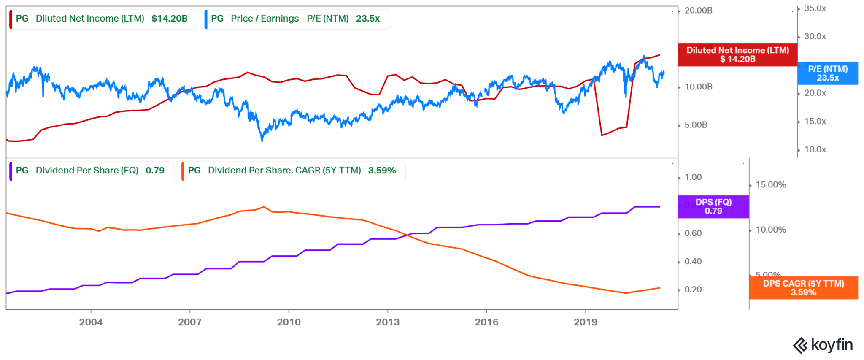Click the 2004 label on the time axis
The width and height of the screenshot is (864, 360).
coord(91,322)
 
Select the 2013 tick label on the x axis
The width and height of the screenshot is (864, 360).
coord(387,322)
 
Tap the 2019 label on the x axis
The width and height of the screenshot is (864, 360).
coord(585,322)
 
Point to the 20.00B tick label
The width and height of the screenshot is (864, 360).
coord(698,11)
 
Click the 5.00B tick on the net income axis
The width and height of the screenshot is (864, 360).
coord(696,125)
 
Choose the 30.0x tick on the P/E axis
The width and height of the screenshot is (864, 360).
coord(815,37)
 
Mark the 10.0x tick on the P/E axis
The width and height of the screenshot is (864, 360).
coord(815,149)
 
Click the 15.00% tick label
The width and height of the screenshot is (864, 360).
coord(770,185)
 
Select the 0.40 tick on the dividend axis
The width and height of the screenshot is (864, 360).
coord(693,262)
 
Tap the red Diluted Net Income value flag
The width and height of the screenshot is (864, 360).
coord(737,54)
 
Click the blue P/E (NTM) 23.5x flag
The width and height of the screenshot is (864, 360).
coord(828,73)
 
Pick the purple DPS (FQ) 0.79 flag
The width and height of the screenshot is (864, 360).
coord(713,206)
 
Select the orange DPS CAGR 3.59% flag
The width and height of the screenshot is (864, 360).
coord(803,288)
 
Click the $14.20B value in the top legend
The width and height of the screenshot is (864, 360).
coord(169,19)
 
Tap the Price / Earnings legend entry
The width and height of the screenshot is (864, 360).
coord(289,19)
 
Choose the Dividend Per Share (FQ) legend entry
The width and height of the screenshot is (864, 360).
coord(87,171)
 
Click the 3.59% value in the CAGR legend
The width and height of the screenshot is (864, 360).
coord(382,171)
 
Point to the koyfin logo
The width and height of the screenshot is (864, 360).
coord(823,345)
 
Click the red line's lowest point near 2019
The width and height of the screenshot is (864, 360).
coord(602,135)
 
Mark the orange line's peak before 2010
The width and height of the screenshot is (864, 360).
coord(264,207)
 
